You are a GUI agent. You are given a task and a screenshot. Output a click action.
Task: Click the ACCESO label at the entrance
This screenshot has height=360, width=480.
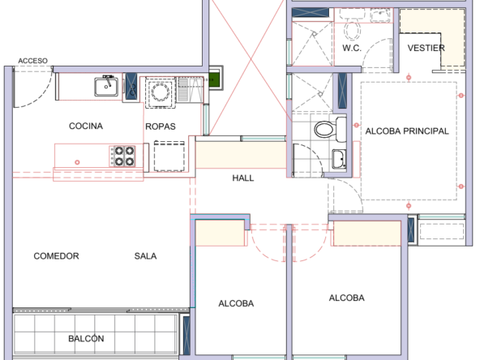[x=32, y=61]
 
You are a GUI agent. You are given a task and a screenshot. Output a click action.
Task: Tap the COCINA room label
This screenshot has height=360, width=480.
[x=86, y=126]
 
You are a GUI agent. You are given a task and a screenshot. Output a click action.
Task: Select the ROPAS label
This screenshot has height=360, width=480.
[x=161, y=126]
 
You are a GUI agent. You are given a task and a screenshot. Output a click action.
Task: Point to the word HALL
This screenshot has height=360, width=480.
[x=243, y=178]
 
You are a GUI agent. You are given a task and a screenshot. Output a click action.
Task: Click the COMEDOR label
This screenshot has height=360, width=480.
[x=56, y=256]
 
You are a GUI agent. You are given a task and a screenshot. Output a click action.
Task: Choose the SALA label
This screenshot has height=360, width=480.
[x=145, y=256]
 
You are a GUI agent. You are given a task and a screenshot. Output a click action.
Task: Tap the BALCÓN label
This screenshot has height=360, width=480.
[x=86, y=338]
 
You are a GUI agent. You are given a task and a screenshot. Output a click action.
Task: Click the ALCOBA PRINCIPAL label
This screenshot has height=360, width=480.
[x=407, y=131]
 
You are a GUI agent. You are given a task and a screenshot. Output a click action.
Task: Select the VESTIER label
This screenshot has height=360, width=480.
[x=426, y=48]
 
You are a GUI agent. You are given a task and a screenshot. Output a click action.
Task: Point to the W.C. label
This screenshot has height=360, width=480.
[x=352, y=48]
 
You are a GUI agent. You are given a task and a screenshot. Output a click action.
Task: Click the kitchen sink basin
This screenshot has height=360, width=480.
[x=106, y=87]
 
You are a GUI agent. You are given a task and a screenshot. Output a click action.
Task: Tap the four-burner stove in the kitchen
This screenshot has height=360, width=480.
[x=122, y=156]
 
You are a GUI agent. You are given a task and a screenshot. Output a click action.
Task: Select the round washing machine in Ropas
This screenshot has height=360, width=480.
[x=161, y=92]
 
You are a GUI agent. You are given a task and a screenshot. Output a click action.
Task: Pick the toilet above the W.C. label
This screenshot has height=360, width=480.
[x=352, y=31]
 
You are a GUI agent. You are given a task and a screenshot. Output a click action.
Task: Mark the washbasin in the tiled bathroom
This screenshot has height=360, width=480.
[x=339, y=159]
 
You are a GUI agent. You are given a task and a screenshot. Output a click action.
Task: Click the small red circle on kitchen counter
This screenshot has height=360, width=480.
[x=77, y=162]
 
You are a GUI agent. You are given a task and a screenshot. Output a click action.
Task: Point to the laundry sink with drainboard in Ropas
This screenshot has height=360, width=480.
[x=191, y=90]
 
